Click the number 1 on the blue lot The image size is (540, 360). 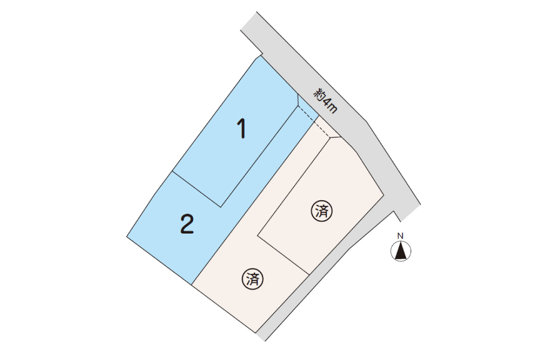pyautogui.click(x=242, y=129)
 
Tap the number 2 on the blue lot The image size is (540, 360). pyautogui.click(x=187, y=224)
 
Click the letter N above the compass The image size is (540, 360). pyautogui.click(x=400, y=236)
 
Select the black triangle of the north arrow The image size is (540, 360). pyautogui.click(x=400, y=252)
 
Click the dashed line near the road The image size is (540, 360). pyautogui.click(x=314, y=122)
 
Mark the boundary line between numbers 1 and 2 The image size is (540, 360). pyautogui.click(x=197, y=189)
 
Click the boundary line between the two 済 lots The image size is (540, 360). pyautogui.click(x=283, y=255)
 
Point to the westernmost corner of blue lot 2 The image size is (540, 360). pyautogui.click(x=127, y=237)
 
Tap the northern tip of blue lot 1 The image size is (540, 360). pyautogui.click(x=261, y=56)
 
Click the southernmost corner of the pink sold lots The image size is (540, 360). pyautogui.click(x=256, y=333)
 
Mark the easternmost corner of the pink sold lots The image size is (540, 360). pyautogui.click(x=383, y=194)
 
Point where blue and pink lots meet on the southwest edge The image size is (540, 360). pyautogui.click(x=192, y=285)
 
